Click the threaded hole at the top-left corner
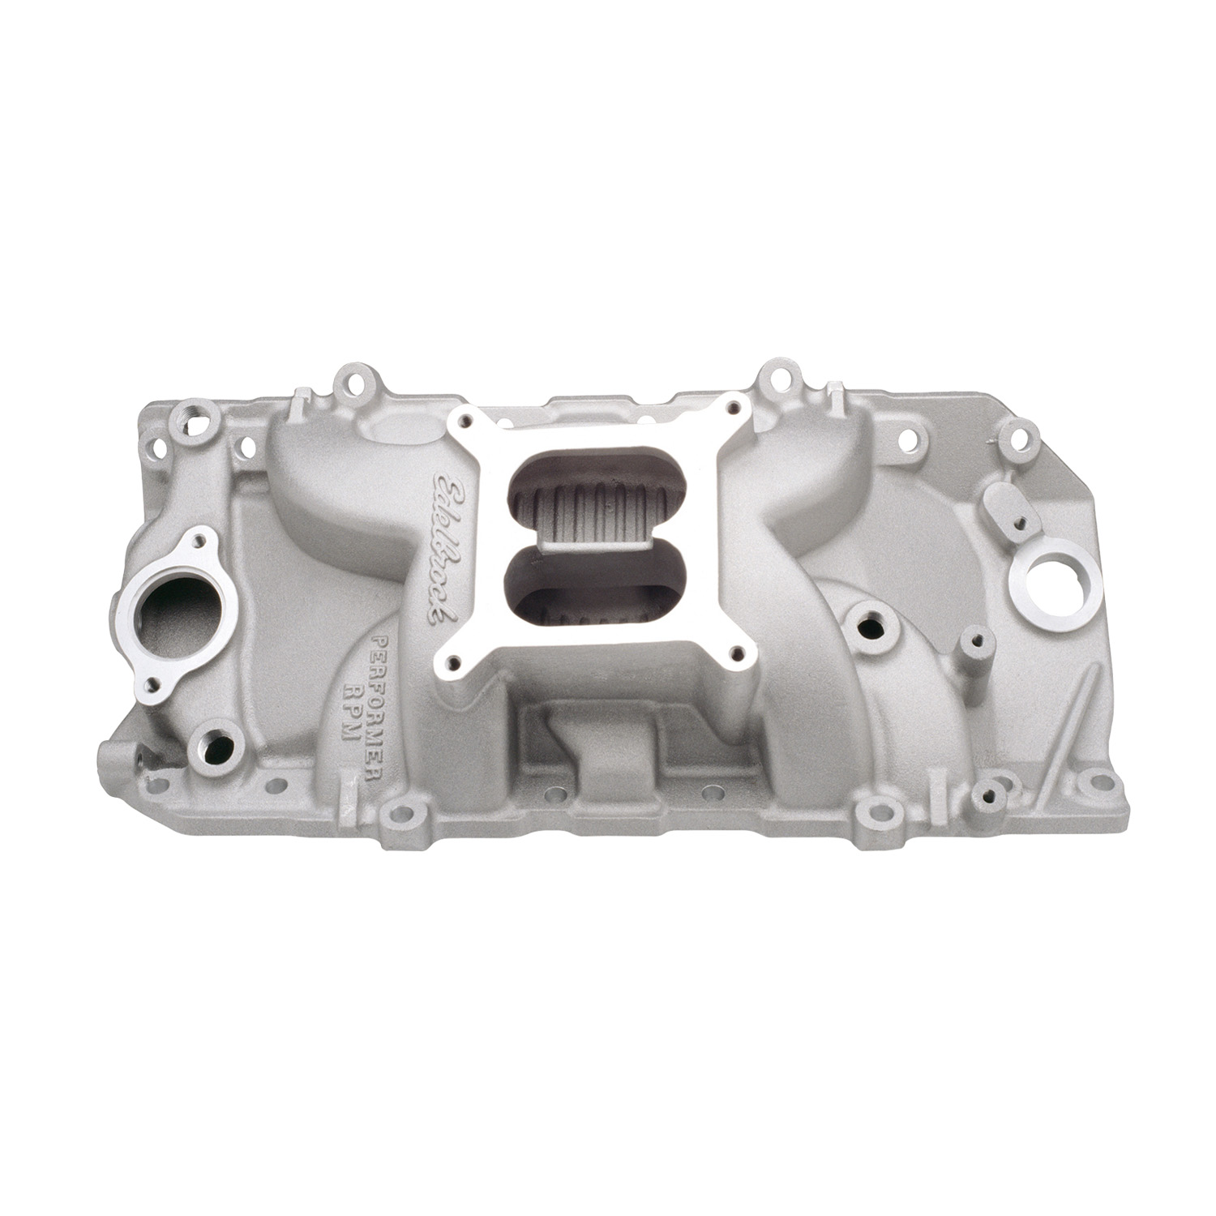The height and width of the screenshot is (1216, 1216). (195, 413)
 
